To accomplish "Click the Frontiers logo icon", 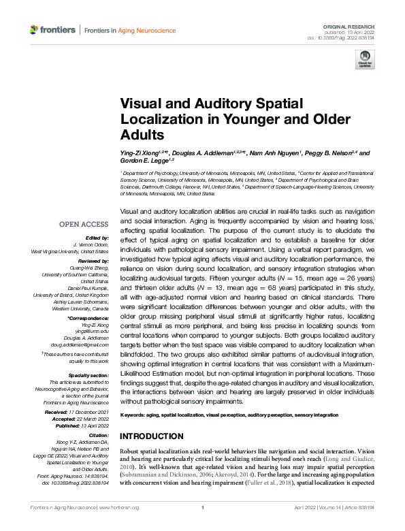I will [35, 30].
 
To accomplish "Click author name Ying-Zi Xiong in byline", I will [140, 153].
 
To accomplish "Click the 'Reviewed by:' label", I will [93, 260].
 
